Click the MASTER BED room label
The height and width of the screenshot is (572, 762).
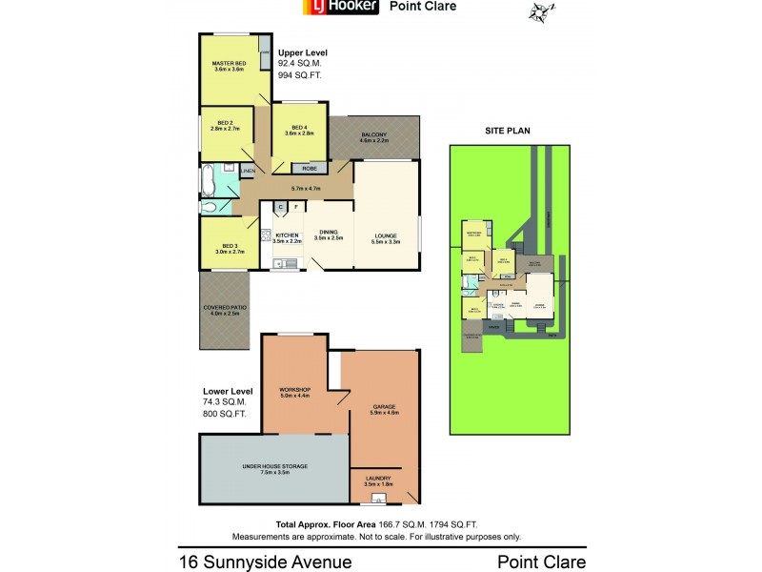coord(229,64)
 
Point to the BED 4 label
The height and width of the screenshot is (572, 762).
coord(299,129)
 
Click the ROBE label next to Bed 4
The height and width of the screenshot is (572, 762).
coord(296,168)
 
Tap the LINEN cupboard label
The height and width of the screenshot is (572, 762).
coord(247,171)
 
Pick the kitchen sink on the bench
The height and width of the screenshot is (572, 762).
coord(285,263)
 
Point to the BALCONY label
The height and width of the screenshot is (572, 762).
coord(373,135)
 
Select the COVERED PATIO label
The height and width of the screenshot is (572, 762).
coord(222,306)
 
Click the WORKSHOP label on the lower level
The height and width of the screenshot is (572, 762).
coord(295,390)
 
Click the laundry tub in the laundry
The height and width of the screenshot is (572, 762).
coord(379,498)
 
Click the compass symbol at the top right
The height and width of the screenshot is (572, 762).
coord(541,12)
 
